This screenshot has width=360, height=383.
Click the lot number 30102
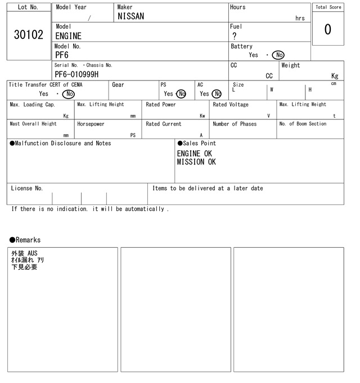tap(28, 35)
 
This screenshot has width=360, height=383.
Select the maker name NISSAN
tap(130, 17)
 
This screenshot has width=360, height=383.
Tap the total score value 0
tap(328, 29)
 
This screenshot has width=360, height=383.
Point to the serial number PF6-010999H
tap(76, 74)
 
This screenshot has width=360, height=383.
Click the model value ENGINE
tap(68, 36)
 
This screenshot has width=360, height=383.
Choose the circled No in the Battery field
tap(278, 55)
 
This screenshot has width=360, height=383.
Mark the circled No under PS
tap(181, 94)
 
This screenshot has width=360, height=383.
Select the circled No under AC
tap(217, 94)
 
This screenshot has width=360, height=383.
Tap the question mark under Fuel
tap(234, 36)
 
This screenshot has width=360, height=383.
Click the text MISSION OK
tap(196, 162)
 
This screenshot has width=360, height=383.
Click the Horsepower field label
tap(91, 124)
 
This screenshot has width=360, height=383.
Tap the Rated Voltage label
tap(231, 105)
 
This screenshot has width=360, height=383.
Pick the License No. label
tap(26, 189)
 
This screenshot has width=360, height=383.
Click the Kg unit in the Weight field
tap(335, 75)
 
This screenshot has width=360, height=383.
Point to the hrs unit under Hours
tap(300, 19)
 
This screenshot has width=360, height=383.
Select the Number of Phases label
tap(235, 124)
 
